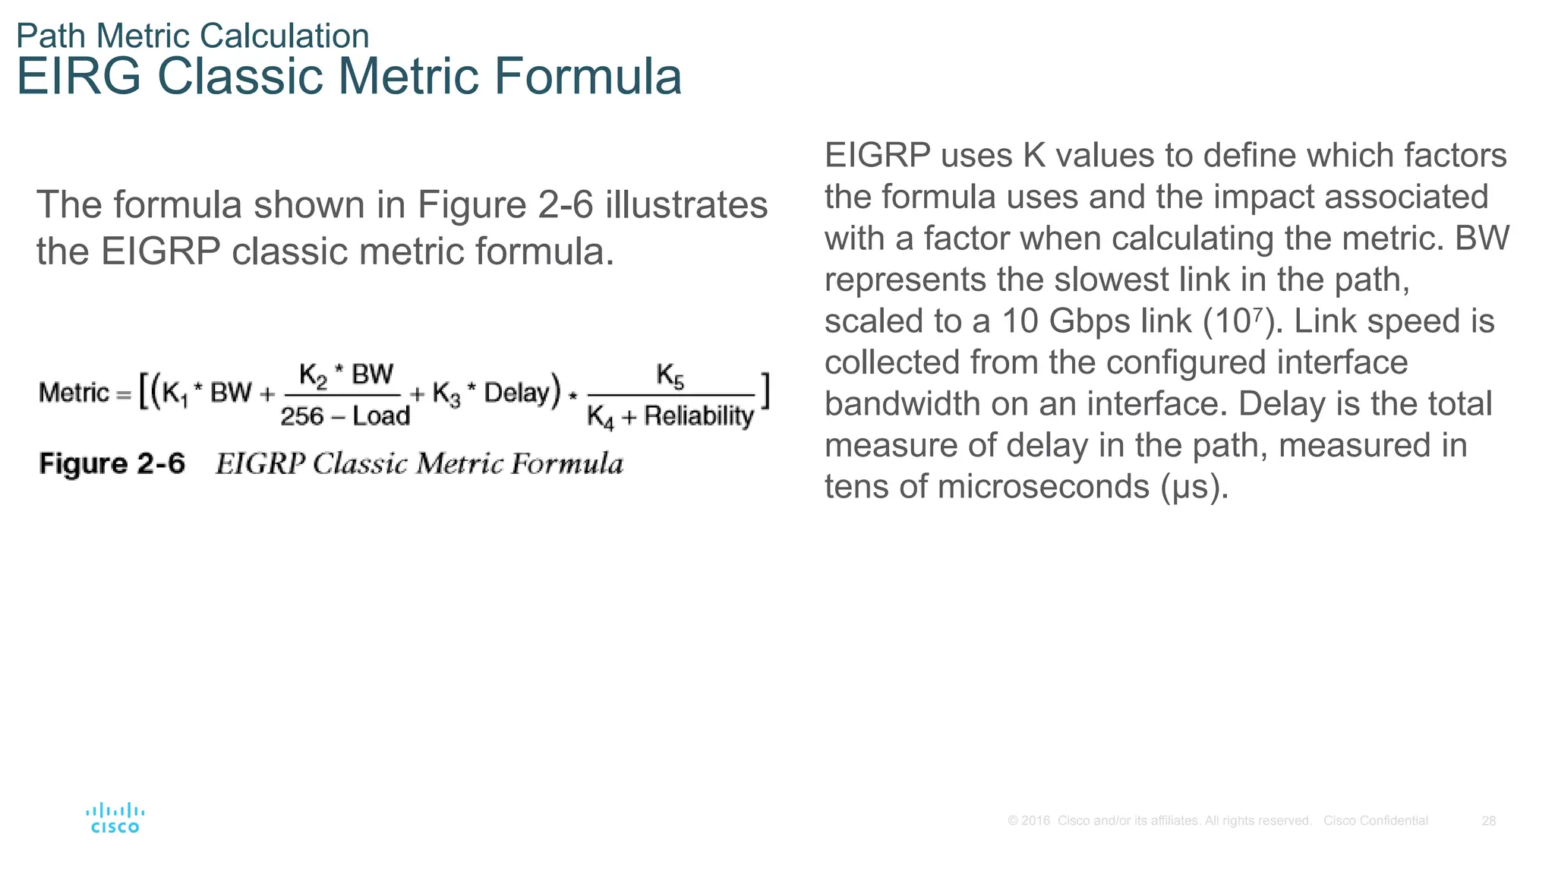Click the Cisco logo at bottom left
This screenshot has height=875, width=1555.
tap(115, 818)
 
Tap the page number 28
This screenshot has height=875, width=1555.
tap(1488, 821)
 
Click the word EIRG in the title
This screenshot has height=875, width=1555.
tap(79, 77)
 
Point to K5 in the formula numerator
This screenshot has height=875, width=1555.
tap(670, 375)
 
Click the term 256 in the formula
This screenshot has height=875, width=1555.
tap(301, 416)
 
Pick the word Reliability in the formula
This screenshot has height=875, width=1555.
tap(699, 416)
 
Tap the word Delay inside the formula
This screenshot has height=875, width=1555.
tap(516, 393)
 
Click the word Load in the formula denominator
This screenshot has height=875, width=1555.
tap(381, 416)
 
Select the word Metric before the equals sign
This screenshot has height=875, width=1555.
tap(74, 393)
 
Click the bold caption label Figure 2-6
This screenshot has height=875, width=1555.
tap(112, 463)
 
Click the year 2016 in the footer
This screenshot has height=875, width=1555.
tap(1036, 821)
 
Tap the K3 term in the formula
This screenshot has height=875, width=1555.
tap(446, 393)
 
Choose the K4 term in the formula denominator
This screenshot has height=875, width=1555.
tap(600, 417)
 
